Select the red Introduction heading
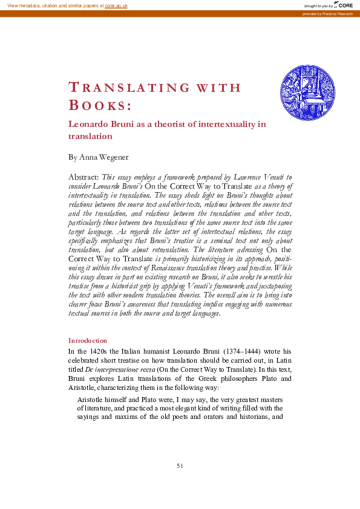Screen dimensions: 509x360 click(x=88, y=340)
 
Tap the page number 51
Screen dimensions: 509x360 click(x=180, y=465)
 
